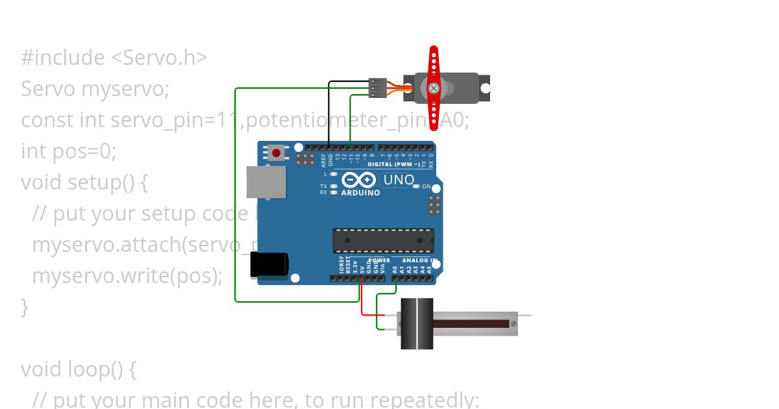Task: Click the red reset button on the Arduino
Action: tap(277, 153)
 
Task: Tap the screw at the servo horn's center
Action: tap(434, 88)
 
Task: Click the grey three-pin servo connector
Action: tap(377, 88)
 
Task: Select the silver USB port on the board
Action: tap(266, 182)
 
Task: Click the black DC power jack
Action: tap(269, 266)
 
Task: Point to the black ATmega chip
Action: tap(383, 240)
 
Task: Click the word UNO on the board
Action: tap(399, 180)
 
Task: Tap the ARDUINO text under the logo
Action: tap(360, 193)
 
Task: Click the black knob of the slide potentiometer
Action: tap(417, 323)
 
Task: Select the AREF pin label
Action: tap(323, 160)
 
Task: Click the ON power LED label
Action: tap(427, 186)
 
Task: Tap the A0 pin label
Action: tap(395, 267)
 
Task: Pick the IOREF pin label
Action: tap(341, 264)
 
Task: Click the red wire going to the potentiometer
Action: tap(362, 305)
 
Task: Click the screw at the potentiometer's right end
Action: tap(513, 323)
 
